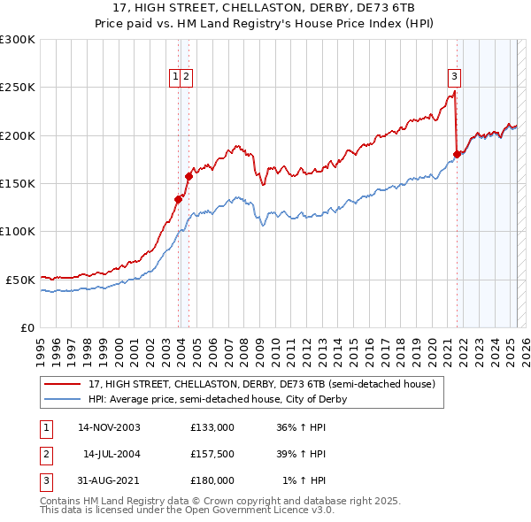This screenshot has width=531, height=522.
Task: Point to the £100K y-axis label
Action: click(x=18, y=231)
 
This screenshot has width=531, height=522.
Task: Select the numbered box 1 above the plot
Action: click(x=176, y=77)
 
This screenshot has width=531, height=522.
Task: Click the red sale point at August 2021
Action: click(x=458, y=154)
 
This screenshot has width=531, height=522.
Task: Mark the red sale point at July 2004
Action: click(x=189, y=176)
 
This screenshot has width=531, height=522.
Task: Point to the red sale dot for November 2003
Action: click(x=179, y=199)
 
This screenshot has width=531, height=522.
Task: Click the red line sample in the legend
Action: click(x=63, y=385)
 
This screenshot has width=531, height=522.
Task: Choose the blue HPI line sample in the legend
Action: click(x=63, y=399)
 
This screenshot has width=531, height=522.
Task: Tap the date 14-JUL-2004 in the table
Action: click(x=112, y=454)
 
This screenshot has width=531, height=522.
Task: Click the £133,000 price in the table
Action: click(x=212, y=426)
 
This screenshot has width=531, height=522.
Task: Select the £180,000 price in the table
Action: click(x=212, y=480)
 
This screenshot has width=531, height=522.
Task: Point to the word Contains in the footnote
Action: click(x=61, y=501)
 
